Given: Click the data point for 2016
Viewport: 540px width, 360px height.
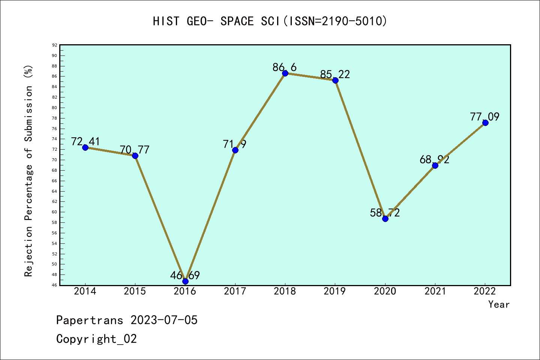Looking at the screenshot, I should pos(185,281).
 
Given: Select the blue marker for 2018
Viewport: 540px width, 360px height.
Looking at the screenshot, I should pos(285,73).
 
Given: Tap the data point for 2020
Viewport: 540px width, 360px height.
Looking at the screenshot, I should pos(385,219).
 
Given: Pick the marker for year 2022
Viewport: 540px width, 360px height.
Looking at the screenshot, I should pos(485,123).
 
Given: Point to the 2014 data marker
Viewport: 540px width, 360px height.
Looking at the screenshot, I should pos(85,147).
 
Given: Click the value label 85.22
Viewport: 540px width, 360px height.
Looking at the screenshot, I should pos(335,74).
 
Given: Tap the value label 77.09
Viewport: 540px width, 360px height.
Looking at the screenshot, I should pos(485,117).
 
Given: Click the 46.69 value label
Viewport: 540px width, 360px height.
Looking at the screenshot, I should pos(185,276).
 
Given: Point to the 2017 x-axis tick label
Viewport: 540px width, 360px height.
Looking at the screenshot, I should pos(235,291).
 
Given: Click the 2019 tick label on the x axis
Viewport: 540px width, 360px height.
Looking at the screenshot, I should pos(335,291).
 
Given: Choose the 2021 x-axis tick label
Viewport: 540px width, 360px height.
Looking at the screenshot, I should pos(435,291).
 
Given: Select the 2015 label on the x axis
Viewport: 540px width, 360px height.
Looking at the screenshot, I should pos(135,291).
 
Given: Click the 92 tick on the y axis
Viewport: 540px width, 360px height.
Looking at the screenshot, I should pos(55,45).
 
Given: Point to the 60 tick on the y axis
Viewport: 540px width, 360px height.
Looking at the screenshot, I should pos(55,212).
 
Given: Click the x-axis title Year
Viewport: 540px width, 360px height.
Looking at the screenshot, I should pos(499,304).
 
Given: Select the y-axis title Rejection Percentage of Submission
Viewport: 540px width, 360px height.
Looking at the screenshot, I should pos(29,171).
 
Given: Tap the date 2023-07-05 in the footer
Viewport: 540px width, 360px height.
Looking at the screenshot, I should pos(164,320).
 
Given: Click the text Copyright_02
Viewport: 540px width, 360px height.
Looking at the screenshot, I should pos(96,339).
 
